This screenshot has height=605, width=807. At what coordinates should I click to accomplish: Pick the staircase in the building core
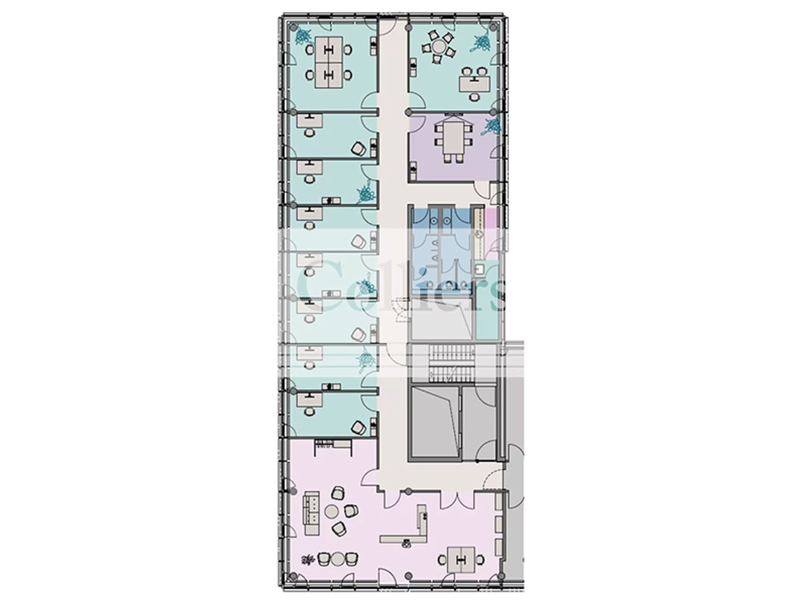click(x=451, y=363)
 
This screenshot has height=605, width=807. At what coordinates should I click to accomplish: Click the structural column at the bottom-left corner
click(x=292, y=576)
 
